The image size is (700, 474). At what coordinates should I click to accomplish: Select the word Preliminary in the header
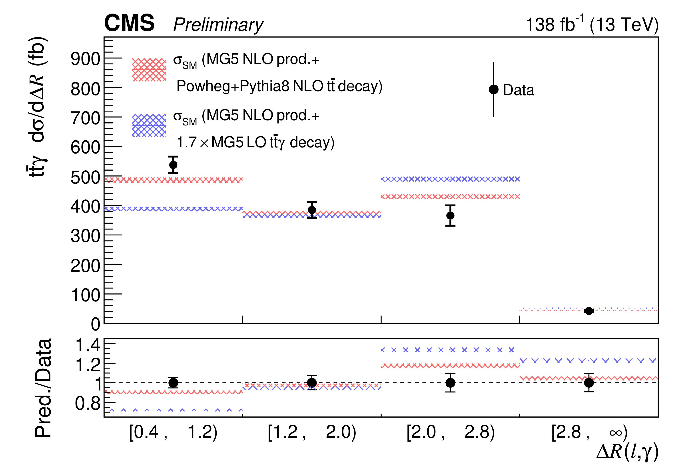click(218, 25)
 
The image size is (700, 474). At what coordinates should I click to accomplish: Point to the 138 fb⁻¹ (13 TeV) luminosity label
click(592, 24)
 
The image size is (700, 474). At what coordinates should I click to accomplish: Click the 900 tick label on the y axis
click(85, 59)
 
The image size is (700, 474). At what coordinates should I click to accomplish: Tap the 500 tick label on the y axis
click(85, 178)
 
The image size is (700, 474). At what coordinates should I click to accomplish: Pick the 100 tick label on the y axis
click(85, 295)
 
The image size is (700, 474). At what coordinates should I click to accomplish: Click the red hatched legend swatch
click(149, 70)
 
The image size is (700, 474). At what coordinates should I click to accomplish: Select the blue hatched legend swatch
click(149, 125)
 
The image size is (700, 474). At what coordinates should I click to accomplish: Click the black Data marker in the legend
click(493, 90)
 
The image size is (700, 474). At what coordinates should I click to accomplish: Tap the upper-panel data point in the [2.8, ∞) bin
click(588, 311)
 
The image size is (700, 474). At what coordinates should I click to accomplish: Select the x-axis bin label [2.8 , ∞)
click(589, 432)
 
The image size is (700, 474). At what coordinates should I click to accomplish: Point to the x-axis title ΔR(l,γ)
click(627, 452)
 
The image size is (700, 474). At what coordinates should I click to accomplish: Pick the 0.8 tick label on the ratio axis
click(88, 404)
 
